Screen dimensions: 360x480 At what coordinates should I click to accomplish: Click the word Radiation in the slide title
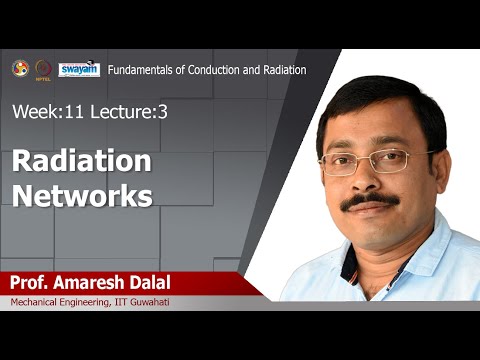point(82,160)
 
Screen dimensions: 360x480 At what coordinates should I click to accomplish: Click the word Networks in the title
point(82,194)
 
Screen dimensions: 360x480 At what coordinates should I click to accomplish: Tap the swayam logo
point(79,69)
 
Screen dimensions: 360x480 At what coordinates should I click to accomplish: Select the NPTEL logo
point(44,69)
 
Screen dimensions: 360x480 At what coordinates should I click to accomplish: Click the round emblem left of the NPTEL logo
point(20,68)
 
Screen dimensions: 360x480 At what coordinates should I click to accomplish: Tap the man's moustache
point(369,202)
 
